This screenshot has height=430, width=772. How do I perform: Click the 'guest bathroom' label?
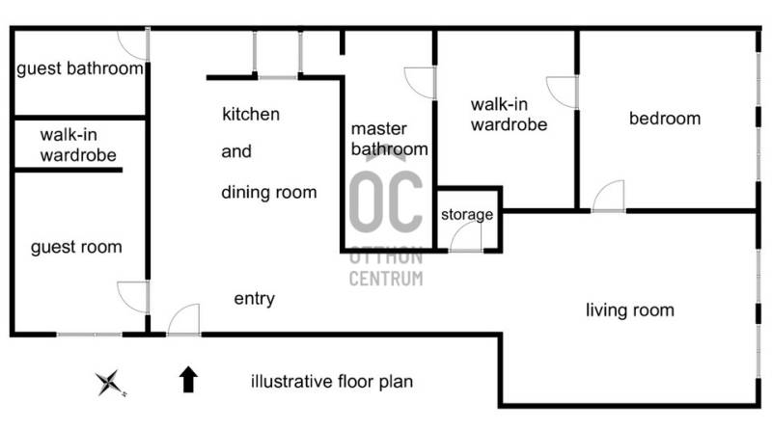pos(80,68)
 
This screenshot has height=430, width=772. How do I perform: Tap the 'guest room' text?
pos(76,247)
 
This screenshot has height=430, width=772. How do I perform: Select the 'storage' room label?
pos(467,214)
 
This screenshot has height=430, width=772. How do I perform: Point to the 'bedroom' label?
pos(665,119)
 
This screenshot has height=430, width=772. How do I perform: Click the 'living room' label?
pos(630,310)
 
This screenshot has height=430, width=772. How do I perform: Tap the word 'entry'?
pos(254,299)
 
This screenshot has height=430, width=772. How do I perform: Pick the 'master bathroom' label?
pos(389,139)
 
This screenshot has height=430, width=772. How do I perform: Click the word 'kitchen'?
pos(251,114)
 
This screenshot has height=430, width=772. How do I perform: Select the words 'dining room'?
pos(269,193)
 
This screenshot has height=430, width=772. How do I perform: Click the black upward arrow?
pos(188,379)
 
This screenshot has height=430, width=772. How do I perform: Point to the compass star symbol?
pos(110,383)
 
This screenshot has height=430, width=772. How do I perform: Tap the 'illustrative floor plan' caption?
pos(332,382)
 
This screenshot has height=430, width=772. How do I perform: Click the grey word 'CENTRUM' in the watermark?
pos(386,279)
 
